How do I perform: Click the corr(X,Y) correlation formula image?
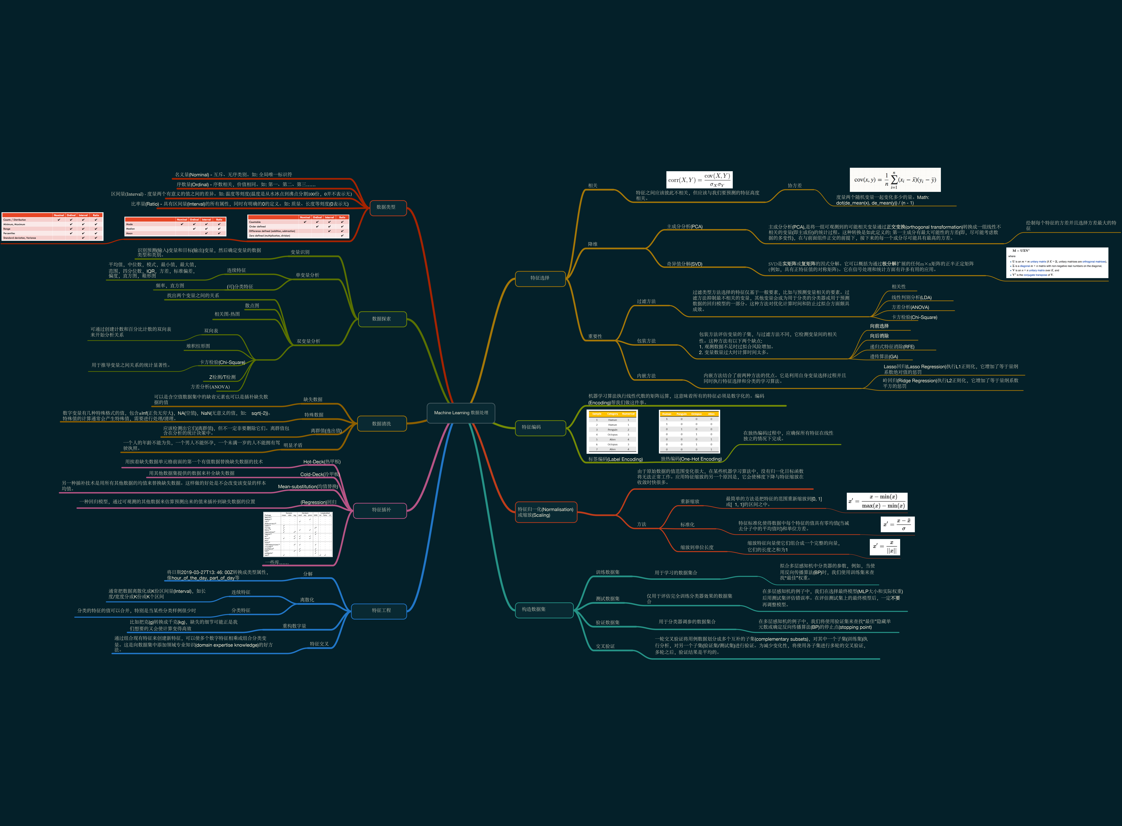pos(699,180)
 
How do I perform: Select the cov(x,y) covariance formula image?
pos(895,180)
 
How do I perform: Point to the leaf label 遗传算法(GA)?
pos(884,356)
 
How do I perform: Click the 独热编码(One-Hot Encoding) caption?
pos(691,459)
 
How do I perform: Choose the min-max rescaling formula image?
pos(877,501)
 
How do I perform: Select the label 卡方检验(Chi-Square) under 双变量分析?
pos(222,363)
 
